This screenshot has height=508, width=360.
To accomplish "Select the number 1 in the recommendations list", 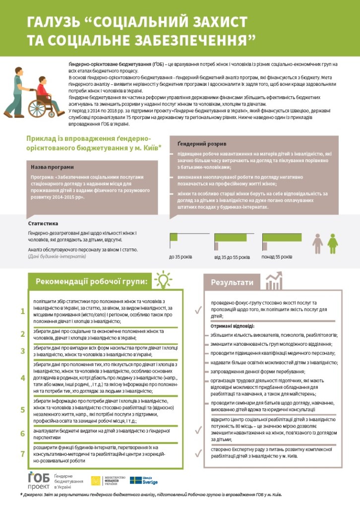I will (22, 312).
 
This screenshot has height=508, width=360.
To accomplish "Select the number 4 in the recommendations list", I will (22, 378).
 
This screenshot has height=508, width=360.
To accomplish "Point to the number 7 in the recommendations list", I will (22, 454).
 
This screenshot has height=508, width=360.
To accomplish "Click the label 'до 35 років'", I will (180, 257).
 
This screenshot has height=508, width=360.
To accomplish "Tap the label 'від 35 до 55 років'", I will (231, 257).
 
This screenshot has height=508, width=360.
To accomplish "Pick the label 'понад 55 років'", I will (277, 257).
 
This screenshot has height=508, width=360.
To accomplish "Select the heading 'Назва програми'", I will (52, 167).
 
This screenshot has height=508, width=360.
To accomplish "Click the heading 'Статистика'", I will (43, 224).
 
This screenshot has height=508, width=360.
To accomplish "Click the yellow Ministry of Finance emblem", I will (96, 480).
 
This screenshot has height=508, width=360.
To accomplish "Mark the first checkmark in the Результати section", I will (198, 310).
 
